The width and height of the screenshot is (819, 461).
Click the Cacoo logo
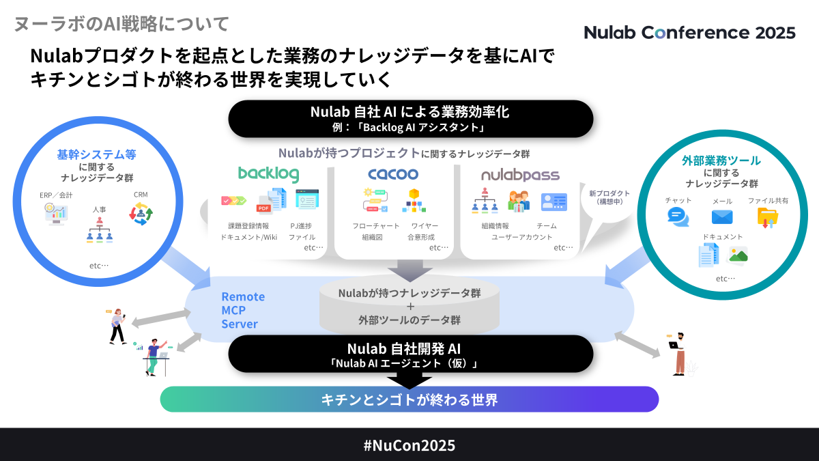click(x=393, y=174)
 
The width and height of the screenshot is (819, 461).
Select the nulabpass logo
click(x=520, y=175)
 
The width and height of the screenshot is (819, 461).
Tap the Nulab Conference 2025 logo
click(x=689, y=32)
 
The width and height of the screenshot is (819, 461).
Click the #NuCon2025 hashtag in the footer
click(x=409, y=445)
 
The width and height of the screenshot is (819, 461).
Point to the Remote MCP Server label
click(x=243, y=311)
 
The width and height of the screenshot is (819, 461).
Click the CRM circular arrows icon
click(x=141, y=214)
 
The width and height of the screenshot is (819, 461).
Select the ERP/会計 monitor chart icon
click(x=56, y=214)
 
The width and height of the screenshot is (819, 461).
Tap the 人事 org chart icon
click(x=99, y=230)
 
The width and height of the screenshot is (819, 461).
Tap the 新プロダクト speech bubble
click(x=609, y=199)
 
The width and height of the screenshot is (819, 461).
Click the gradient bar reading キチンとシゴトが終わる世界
click(x=409, y=400)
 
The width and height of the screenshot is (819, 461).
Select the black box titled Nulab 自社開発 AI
click(x=410, y=353)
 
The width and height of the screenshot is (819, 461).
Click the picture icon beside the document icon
click(x=738, y=255)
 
